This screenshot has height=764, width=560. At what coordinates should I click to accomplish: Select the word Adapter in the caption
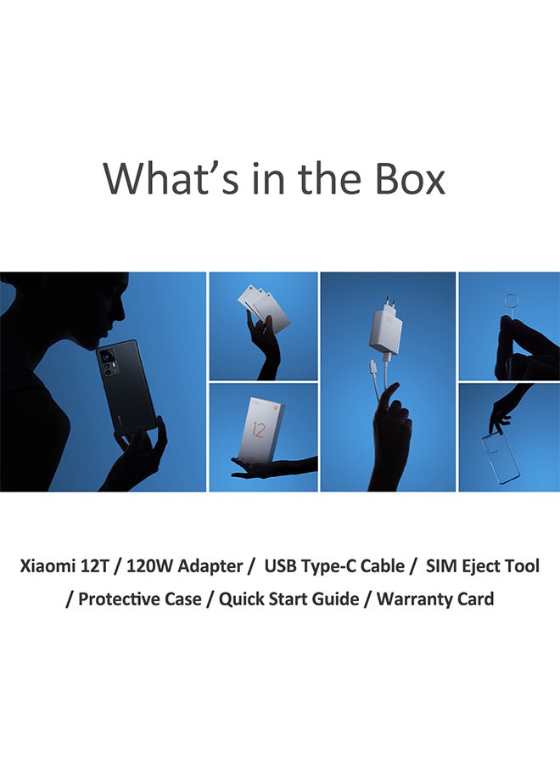tap(212, 565)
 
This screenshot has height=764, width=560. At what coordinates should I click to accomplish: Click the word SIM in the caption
tap(442, 565)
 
